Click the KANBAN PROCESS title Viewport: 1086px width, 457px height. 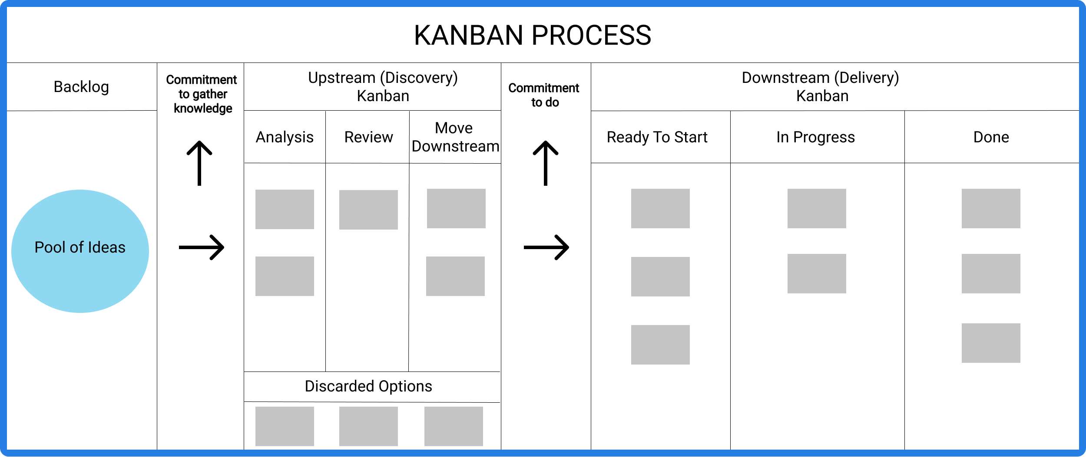[x=532, y=35]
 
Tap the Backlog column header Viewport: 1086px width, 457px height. [x=81, y=87]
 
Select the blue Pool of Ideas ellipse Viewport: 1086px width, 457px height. [x=80, y=251]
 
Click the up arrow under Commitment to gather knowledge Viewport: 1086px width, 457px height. [x=199, y=163]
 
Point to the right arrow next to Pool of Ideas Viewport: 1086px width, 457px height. [x=202, y=247]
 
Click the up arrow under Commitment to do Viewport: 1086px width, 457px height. [x=546, y=163]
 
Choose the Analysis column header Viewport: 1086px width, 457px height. [x=285, y=137]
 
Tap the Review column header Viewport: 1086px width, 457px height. [x=368, y=137]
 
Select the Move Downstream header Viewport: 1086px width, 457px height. [x=455, y=137]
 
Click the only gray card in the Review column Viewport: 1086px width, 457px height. [x=368, y=210]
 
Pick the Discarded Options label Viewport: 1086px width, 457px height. [x=368, y=386]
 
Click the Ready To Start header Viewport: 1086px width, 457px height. [x=657, y=137]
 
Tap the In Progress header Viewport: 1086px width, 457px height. [x=815, y=137]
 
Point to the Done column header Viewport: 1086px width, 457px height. [x=991, y=137]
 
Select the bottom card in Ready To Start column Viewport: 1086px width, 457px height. [x=660, y=345]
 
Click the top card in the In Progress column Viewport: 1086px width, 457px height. [x=817, y=208]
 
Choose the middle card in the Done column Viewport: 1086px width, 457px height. [x=991, y=273]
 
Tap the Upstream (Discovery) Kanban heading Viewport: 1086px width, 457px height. [x=383, y=87]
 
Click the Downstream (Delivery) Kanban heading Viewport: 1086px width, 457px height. [x=821, y=87]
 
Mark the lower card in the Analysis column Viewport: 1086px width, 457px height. [x=285, y=276]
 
